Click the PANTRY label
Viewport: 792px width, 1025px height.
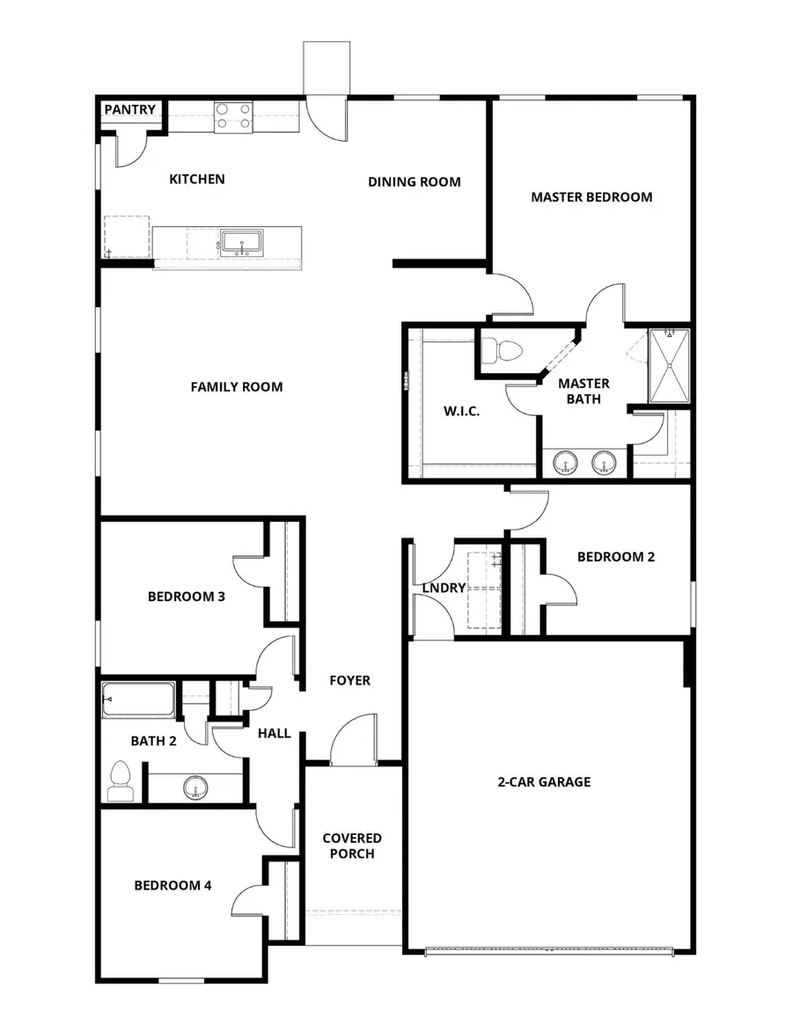click(130, 110)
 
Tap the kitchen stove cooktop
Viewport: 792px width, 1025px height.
click(233, 116)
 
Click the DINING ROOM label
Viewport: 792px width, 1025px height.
click(414, 182)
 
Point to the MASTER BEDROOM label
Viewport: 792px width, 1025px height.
click(591, 197)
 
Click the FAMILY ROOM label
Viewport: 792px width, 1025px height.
click(237, 386)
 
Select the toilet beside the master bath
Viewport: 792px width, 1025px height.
click(506, 351)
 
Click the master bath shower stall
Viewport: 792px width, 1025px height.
click(669, 367)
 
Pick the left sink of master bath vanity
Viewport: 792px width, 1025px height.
click(566, 460)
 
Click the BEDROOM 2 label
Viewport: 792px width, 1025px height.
click(615, 557)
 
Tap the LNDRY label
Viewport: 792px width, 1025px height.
click(444, 588)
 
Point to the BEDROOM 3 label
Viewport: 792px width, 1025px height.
click(187, 597)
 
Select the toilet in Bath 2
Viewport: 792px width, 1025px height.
click(121, 780)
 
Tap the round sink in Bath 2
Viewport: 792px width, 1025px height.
click(196, 787)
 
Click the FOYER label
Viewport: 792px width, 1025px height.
click(349, 680)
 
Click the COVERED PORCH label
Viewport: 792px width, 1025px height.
click(352, 846)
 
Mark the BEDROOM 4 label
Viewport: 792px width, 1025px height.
click(172, 886)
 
